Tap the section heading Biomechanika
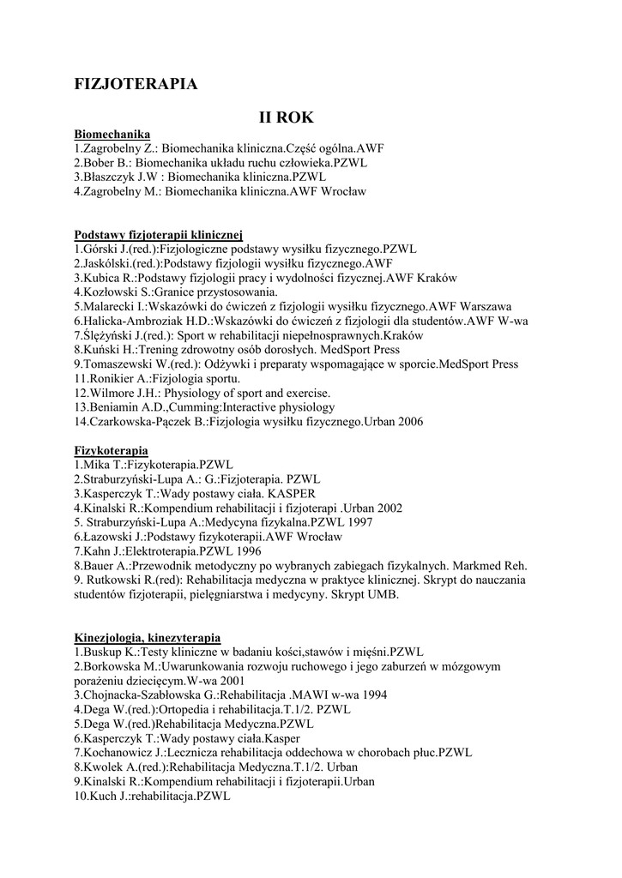112,134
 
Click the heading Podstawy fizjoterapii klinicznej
160,234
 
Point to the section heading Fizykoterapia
112,450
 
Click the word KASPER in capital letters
291,494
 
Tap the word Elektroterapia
162,551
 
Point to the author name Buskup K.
108,652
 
